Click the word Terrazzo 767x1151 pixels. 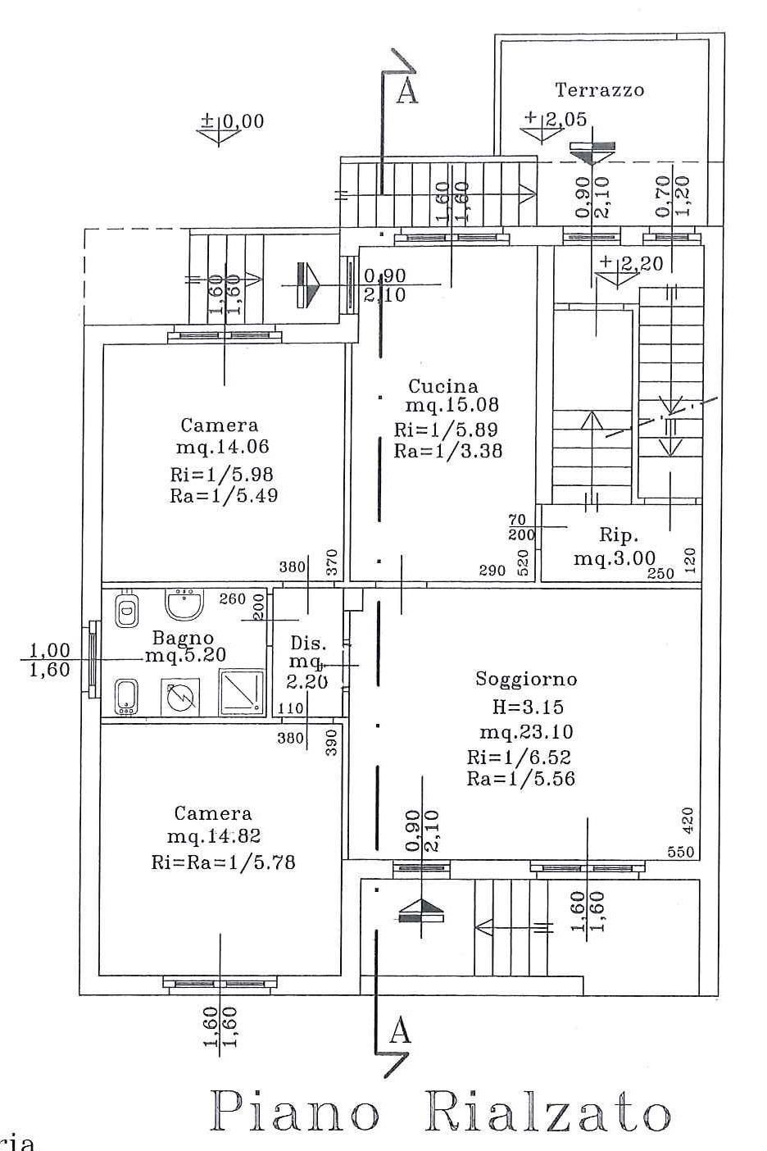pos(599,90)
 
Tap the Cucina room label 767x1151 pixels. pos(442,385)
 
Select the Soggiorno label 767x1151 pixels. pos(526,679)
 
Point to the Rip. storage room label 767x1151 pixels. pos(619,536)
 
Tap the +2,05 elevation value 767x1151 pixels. pos(556,119)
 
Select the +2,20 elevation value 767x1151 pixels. pos(632,264)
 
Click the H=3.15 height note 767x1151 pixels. pos(528,707)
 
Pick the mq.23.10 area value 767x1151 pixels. pos(526,732)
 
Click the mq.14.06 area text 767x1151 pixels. pos(222,446)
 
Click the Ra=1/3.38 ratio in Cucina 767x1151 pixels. pos(448,451)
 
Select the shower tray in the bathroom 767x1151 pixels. pos(242,691)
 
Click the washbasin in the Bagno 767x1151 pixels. pos(185,603)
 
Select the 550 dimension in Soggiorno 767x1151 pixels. pos(681,852)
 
